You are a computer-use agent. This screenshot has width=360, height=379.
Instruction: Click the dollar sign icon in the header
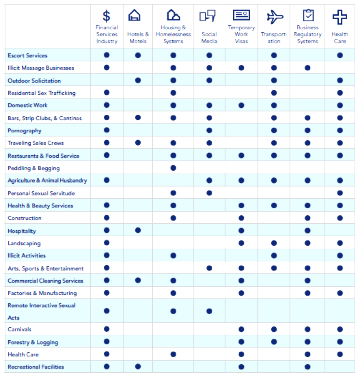tap(107, 16)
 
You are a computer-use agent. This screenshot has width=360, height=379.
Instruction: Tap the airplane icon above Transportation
tap(274, 17)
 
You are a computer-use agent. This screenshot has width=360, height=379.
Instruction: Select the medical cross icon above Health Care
tap(340, 17)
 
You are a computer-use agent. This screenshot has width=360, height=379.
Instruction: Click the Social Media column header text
tap(209, 38)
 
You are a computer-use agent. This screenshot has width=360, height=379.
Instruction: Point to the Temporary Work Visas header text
tap(241, 34)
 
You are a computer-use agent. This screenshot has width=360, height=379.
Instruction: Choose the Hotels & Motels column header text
tap(138, 38)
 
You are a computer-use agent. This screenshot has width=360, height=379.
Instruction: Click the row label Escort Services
tap(28, 56)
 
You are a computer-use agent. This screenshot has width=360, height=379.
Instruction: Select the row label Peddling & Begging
tap(34, 168)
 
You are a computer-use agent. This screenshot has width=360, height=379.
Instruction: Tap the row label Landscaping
tap(24, 243)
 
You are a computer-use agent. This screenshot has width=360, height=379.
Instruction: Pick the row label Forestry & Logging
tap(33, 342)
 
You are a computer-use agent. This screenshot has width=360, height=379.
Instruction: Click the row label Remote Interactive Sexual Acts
tap(42, 311)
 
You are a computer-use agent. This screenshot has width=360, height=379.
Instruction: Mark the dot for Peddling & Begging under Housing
tap(173, 168)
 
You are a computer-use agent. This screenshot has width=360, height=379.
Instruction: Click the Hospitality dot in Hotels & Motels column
tap(138, 230)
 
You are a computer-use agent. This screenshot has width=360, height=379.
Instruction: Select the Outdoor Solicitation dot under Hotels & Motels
tap(138, 80)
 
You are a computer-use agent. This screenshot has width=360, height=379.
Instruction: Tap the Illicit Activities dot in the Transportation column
tap(274, 255)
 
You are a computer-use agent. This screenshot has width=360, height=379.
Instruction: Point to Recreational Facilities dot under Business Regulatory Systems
tap(307, 367)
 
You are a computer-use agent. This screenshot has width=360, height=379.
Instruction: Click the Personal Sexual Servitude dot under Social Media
tap(209, 193)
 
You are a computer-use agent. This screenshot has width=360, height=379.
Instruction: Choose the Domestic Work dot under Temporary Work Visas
tap(241, 105)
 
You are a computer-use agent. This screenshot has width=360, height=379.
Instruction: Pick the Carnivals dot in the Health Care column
tap(340, 329)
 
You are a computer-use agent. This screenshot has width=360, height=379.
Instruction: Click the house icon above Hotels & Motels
tap(134, 16)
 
